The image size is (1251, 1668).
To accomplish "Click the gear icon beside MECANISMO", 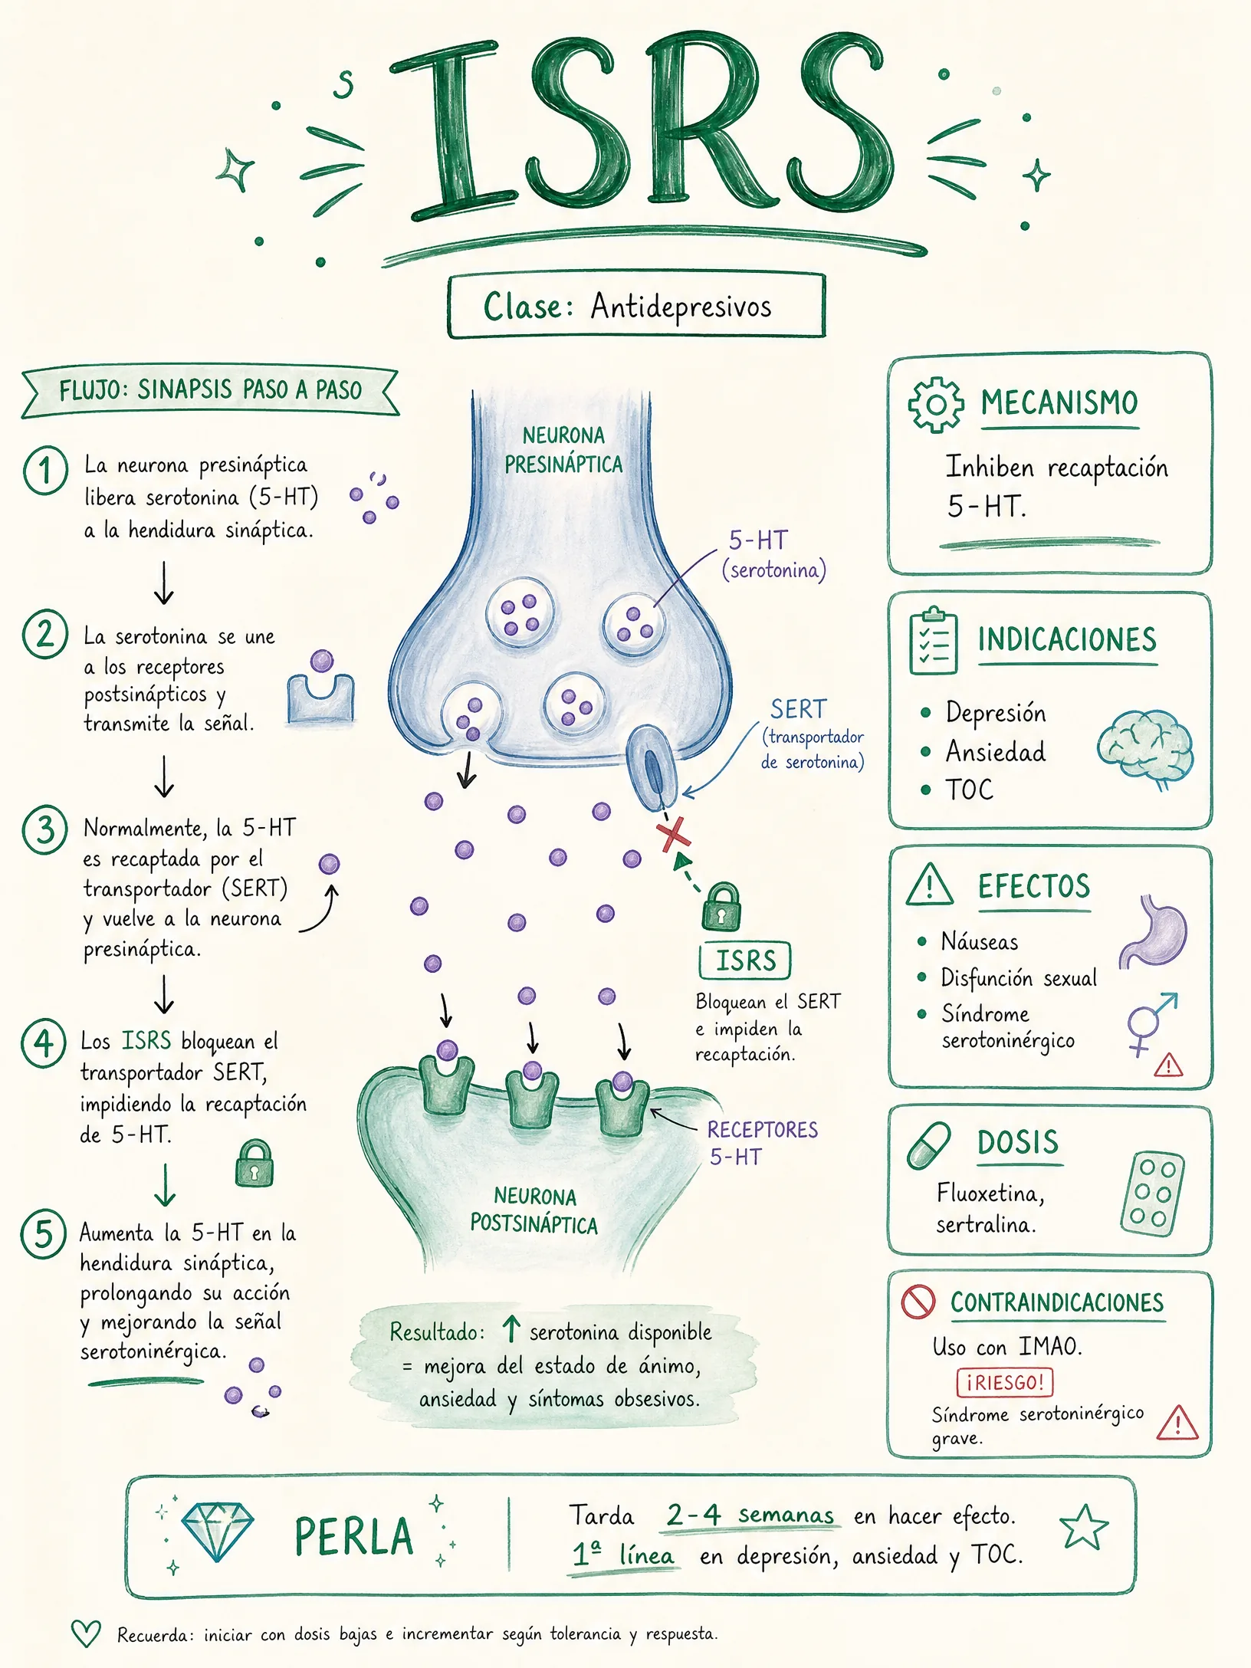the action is pyautogui.click(x=935, y=405).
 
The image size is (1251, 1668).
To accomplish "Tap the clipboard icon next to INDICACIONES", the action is pyautogui.click(x=933, y=640).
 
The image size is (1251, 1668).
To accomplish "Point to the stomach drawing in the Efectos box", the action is pyautogui.click(x=1154, y=931).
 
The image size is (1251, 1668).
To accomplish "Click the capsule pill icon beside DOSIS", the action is pyautogui.click(x=928, y=1146).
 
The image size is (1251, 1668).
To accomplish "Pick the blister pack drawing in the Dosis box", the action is pyautogui.click(x=1152, y=1194).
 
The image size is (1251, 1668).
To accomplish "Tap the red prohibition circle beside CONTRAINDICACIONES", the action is pyautogui.click(x=918, y=1302).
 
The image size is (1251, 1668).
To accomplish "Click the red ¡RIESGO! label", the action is pyautogui.click(x=1004, y=1383).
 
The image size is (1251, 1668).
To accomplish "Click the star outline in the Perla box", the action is pyautogui.click(x=1084, y=1527).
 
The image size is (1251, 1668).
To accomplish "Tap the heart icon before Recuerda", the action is pyautogui.click(x=86, y=1634).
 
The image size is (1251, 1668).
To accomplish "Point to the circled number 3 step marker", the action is pyautogui.click(x=44, y=830).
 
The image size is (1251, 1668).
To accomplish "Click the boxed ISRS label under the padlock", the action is pyautogui.click(x=744, y=960).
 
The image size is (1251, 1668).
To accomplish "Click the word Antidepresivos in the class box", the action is pyautogui.click(x=681, y=307).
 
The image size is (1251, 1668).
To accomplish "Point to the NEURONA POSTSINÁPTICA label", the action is pyautogui.click(x=534, y=1210).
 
